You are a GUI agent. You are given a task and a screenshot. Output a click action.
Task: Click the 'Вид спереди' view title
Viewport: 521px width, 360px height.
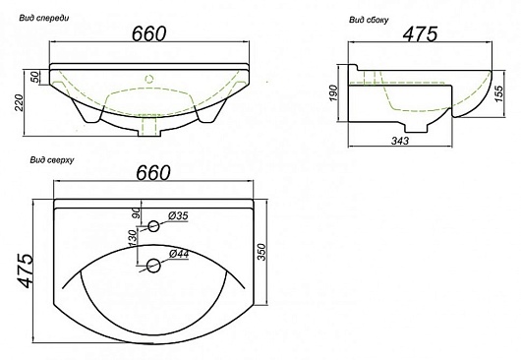44,18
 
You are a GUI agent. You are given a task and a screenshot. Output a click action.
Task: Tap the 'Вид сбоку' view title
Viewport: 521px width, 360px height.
369,20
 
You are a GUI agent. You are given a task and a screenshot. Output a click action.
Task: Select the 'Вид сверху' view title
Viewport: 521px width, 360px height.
52,160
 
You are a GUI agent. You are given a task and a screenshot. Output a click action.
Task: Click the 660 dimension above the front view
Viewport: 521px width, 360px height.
148,33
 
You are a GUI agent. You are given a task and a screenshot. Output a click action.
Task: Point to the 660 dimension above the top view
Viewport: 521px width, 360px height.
153,172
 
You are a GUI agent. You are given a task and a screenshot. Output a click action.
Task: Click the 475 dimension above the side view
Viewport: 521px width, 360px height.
420,33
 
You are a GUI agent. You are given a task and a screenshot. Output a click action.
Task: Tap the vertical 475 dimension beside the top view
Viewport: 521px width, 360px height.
26,270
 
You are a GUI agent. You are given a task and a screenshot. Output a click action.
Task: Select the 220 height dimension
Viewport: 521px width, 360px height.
19,102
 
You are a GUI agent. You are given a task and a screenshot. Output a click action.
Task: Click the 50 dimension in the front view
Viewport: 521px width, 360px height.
34,77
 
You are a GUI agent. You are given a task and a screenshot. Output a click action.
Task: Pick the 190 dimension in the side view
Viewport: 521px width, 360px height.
333,93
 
